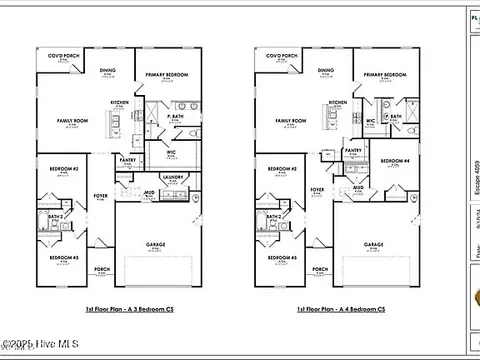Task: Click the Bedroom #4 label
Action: point(396,161)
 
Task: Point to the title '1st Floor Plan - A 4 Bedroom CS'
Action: point(339,309)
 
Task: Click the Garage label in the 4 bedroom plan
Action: point(374,244)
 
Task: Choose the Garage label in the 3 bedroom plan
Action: point(155,244)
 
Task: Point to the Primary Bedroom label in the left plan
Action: point(165,74)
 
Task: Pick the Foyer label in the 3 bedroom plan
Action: point(100,195)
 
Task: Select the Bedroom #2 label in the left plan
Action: point(64,169)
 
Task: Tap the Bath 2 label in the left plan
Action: point(56,215)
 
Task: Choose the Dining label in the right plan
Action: point(326,70)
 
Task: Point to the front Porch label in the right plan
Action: point(319,269)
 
